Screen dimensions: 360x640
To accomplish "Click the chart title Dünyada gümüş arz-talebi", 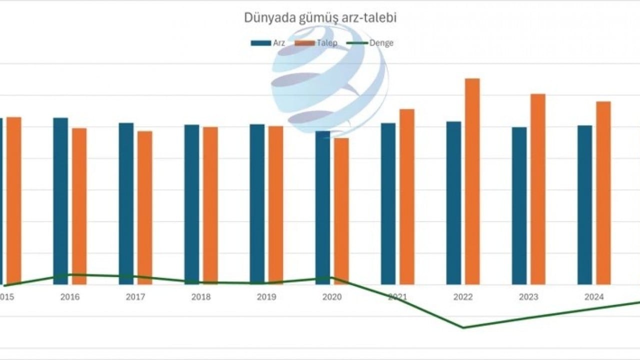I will pos(320,17).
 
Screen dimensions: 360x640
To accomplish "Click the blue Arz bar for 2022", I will pos(453,202).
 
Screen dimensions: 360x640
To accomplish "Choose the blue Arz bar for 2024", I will pos(584,204).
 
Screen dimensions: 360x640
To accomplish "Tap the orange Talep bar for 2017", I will pos(145,207).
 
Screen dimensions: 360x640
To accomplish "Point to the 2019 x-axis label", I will pos(266,297).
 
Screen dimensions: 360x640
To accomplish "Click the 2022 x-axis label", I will pos(463,297).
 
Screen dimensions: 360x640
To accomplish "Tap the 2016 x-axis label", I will pos(70,297).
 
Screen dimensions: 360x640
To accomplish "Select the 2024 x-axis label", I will pos(594,297).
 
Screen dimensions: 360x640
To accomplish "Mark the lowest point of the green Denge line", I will pos(463,328).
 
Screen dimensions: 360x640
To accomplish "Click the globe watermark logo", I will pos(329,80).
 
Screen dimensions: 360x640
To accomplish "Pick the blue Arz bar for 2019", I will pos(257,204).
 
